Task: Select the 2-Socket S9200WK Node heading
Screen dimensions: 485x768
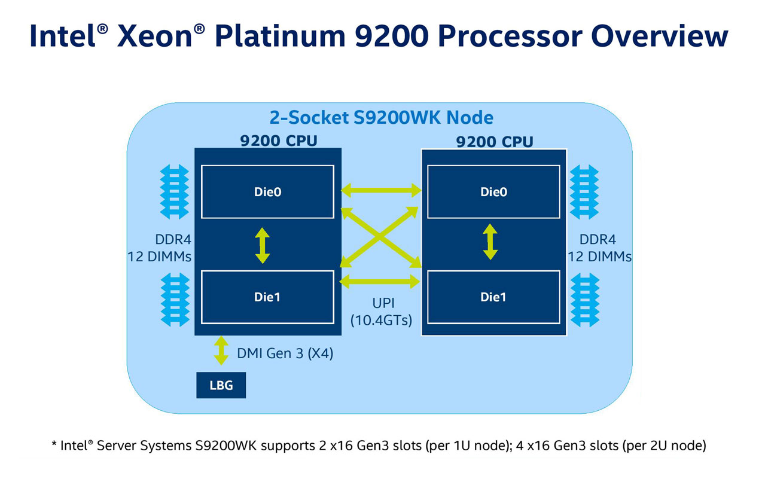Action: [381, 117]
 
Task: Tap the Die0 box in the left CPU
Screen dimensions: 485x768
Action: [267, 192]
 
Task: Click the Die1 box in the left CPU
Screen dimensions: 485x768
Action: [267, 297]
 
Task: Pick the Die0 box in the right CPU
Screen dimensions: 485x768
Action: [493, 192]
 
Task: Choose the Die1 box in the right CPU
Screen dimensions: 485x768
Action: [493, 297]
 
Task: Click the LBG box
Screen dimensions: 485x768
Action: [221, 386]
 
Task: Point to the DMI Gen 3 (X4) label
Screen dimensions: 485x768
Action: [285, 353]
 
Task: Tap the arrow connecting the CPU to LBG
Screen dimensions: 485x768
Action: [221, 351]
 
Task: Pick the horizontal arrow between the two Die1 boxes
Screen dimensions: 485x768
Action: [381, 280]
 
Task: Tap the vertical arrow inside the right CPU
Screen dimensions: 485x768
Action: [490, 242]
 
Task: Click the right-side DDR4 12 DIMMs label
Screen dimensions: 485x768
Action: [599, 248]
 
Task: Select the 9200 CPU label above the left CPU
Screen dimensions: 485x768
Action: [279, 141]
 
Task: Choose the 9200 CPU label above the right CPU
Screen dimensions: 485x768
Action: [494, 142]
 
